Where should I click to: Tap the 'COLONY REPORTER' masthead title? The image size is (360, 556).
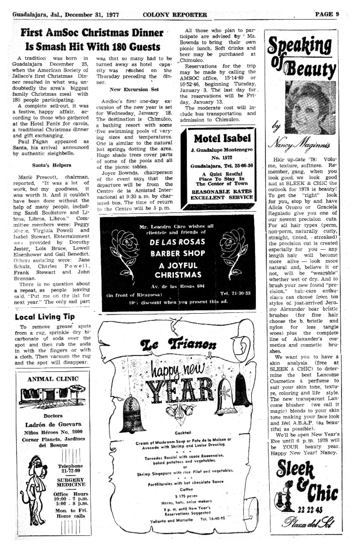(175, 15)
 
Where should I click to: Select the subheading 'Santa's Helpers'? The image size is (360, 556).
(52, 165)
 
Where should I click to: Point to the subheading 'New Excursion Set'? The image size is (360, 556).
(134, 89)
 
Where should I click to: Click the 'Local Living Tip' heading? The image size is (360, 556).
(45, 317)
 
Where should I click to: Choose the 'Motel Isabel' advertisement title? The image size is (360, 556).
(222, 138)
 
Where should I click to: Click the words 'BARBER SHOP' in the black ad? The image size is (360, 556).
(178, 253)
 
